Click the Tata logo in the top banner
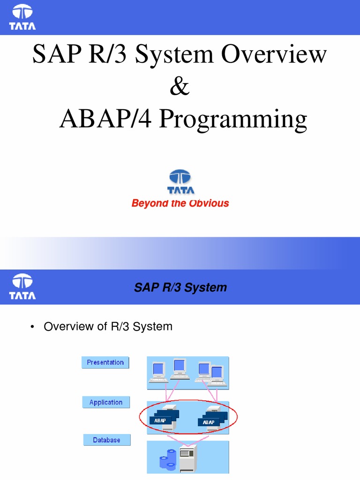[22, 17]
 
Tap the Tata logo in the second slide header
[22, 287]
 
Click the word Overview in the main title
[274, 54]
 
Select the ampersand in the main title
[180, 86]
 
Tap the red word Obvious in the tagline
[209, 203]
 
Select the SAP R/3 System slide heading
[180, 287]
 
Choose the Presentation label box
[105, 362]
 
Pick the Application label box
[106, 402]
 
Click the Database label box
[106, 440]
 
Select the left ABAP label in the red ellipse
[160, 420]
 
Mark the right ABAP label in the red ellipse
[209, 422]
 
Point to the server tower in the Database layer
[188, 458]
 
